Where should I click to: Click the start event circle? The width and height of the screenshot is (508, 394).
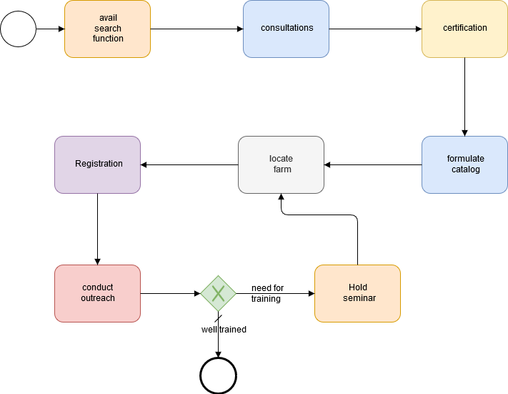[x=18, y=29]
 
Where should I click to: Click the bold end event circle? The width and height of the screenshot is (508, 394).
[x=218, y=375]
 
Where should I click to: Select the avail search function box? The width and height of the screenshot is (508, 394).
[x=107, y=29]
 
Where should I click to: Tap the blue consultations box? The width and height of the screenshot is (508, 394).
[x=286, y=29]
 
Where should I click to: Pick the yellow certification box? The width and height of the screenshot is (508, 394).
[x=464, y=29]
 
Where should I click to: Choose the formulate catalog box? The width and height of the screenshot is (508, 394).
[x=464, y=164]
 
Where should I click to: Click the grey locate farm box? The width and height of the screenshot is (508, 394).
[x=281, y=164]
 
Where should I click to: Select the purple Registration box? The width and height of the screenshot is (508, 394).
[x=98, y=164]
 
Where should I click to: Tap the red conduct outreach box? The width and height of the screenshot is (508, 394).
[x=98, y=293]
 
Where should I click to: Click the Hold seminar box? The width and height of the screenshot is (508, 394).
[x=357, y=293]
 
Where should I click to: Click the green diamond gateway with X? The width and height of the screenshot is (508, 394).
[x=218, y=293]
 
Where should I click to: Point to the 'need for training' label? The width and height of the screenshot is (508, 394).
[x=267, y=293]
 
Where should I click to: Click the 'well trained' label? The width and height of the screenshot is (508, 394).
[x=224, y=330]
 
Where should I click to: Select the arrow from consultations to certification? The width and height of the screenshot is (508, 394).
[x=375, y=29]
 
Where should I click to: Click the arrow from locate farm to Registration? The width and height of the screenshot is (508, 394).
[x=189, y=164]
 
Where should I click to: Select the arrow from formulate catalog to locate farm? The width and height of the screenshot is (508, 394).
[x=373, y=164]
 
